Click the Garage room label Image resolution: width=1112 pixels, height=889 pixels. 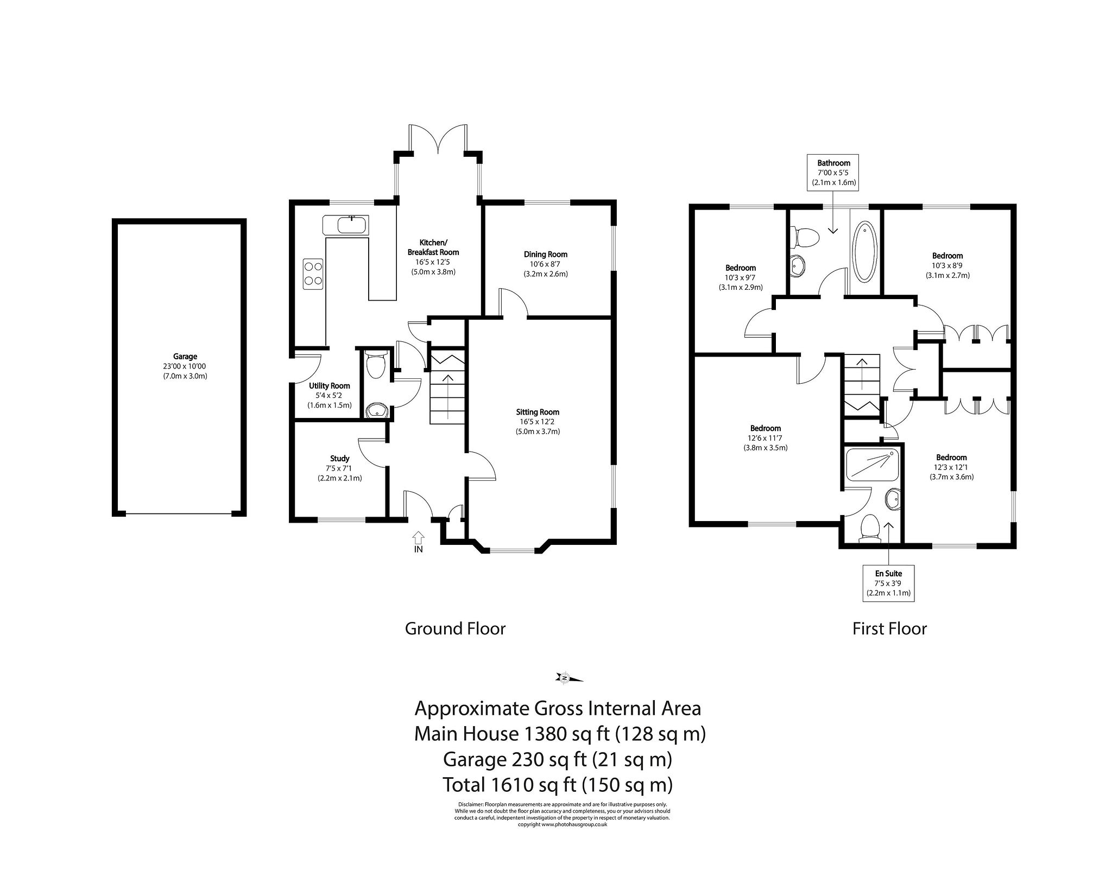click(x=185, y=357)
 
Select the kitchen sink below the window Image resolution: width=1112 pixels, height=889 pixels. click(x=346, y=225)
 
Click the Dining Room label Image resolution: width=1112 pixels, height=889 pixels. click(x=545, y=254)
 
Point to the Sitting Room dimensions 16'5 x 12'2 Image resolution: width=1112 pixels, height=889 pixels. click(x=538, y=421)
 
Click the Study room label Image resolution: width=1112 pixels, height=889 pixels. click(x=339, y=458)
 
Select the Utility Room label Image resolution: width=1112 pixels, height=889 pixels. click(x=329, y=386)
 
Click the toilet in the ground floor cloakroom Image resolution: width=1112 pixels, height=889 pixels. click(x=376, y=364)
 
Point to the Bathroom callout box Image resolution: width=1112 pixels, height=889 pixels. click(x=833, y=173)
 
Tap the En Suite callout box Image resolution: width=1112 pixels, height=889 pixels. click(x=888, y=583)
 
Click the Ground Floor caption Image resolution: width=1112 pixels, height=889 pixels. click(x=455, y=628)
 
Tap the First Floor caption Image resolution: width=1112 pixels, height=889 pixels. click(x=889, y=628)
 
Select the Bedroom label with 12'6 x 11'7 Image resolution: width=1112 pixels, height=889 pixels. click(x=765, y=428)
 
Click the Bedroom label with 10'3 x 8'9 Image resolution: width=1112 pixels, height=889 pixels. click(x=947, y=256)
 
